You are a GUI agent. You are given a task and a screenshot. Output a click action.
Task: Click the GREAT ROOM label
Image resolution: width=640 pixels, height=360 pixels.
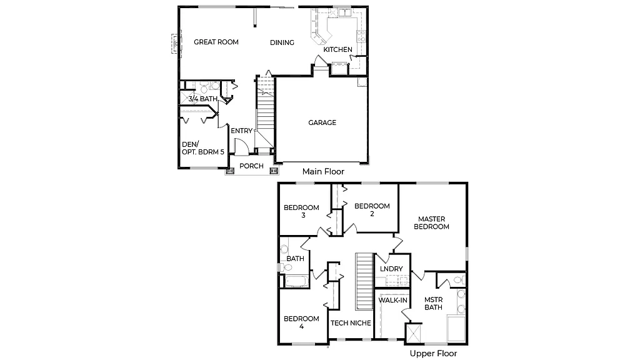tap(216, 42)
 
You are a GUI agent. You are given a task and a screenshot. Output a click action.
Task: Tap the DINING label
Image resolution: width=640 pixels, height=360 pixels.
tap(282, 42)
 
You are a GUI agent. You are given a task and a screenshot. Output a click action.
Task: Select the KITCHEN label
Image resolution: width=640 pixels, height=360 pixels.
tap(337, 49)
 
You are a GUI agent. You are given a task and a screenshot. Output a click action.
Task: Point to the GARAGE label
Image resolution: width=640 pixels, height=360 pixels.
tap(322, 122)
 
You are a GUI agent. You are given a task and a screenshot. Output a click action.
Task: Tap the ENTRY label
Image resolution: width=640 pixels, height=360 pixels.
tap(241, 131)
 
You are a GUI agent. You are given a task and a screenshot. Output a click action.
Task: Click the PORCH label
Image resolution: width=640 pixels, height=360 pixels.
tap(251, 166)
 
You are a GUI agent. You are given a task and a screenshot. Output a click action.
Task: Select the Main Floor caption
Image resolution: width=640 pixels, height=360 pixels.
tap(322, 171)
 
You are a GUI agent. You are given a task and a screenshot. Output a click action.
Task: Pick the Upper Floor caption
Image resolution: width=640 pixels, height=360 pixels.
tap(433, 354)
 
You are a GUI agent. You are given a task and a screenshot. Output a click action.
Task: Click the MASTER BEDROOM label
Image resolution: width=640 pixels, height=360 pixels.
tap(432, 222)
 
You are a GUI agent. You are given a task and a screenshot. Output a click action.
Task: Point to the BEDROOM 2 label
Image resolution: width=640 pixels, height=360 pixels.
tap(371, 210)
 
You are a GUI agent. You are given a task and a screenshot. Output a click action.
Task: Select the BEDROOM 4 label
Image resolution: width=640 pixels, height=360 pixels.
tap(301, 322)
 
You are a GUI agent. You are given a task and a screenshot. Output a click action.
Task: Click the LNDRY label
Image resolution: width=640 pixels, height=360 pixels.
tap(391, 269)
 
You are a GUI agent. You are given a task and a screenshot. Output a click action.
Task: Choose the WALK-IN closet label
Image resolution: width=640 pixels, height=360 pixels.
tap(393, 301)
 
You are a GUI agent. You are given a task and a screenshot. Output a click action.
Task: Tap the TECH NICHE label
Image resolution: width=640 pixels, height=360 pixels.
tap(351, 323)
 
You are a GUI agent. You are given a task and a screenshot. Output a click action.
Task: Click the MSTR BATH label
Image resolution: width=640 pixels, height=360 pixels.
tap(433, 303)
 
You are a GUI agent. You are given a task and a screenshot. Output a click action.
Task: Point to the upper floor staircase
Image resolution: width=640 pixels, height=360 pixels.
tap(364, 281)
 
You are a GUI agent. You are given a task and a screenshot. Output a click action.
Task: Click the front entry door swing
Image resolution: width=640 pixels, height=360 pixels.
tap(241, 146)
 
